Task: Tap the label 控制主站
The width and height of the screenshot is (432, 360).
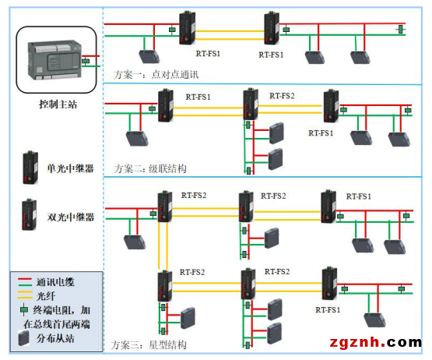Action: pyautogui.click(x=58, y=102)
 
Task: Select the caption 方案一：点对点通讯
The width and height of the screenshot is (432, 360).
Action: pyautogui.click(x=156, y=74)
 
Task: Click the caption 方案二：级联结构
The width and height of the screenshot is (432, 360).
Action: pyautogui.click(x=150, y=168)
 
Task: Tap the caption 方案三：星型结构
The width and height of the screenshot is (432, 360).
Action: pyautogui.click(x=150, y=344)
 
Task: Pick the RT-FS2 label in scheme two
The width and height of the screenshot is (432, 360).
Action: pyautogui.click(x=283, y=96)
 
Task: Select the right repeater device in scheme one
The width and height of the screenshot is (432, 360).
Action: pyautogui.click(x=271, y=28)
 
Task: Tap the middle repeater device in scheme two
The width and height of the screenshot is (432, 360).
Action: pyautogui.click(x=250, y=106)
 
